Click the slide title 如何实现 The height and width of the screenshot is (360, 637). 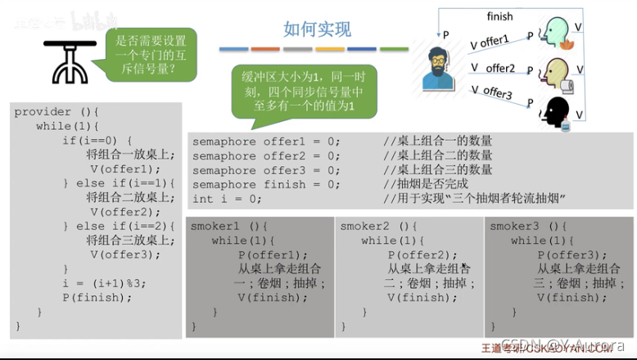pos(317,30)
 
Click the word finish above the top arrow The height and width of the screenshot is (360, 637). pos(499,16)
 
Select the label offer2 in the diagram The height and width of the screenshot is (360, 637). pos(500,68)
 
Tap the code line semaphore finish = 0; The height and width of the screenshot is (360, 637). pos(266,184)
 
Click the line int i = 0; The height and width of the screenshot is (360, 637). pos(227,199)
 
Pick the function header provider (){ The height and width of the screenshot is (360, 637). pos(56,112)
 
